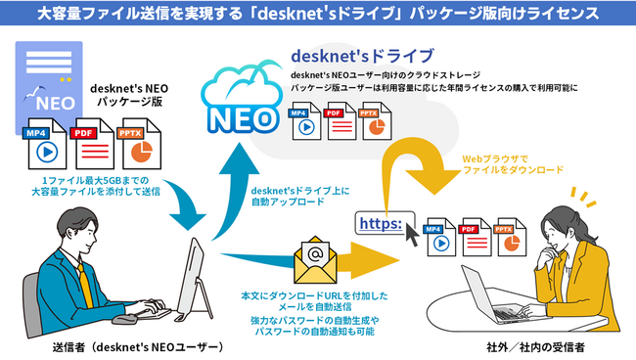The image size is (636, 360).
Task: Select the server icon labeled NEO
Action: click(x=44, y=84)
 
